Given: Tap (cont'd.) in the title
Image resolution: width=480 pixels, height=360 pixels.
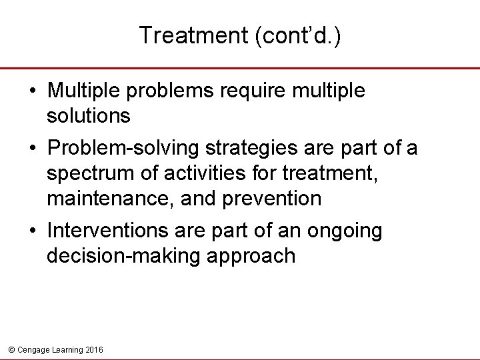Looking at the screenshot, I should tap(296, 35).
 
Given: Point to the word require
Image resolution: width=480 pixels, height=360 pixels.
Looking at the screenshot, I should tap(257, 91).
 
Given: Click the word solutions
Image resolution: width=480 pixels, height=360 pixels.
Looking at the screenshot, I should tap(89, 116).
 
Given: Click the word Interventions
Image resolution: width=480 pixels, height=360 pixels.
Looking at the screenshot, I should tap(107, 231).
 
